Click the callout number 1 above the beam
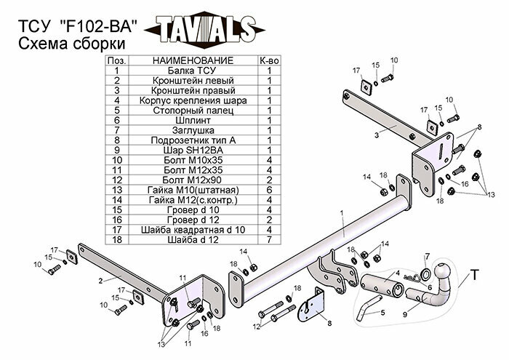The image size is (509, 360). pos(340,213)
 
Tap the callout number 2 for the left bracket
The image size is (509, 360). pos(100,280)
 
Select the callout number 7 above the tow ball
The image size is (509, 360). pos(427,256)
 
